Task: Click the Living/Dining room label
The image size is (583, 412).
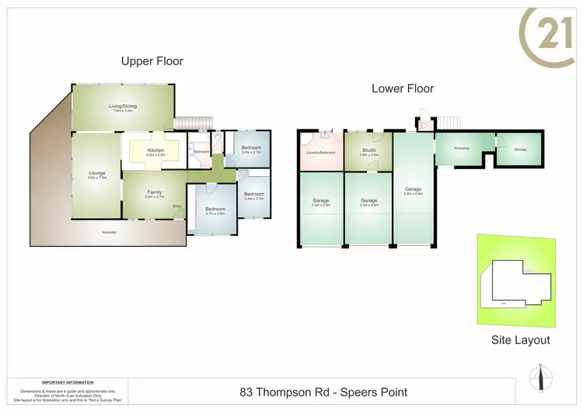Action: pyautogui.click(x=123, y=109)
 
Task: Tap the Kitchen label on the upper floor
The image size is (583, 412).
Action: pyautogui.click(x=155, y=151)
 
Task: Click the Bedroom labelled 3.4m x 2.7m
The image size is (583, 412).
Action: pyautogui.click(x=250, y=150)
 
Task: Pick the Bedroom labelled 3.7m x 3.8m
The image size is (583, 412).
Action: pyautogui.click(x=215, y=211)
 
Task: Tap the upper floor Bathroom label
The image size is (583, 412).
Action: pyautogui.click(x=201, y=152)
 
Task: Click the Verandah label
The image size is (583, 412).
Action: pyautogui.click(x=110, y=233)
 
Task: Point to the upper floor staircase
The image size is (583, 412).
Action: pyautogui.click(x=192, y=123)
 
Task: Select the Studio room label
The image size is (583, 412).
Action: pyautogui.click(x=368, y=152)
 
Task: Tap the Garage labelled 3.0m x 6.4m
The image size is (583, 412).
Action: pyautogui.click(x=413, y=191)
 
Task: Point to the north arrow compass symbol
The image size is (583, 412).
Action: pyautogui.click(x=539, y=378)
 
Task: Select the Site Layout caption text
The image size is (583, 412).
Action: pyautogui.click(x=520, y=340)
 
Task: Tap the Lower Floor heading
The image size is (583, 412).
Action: pyautogui.click(x=402, y=88)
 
